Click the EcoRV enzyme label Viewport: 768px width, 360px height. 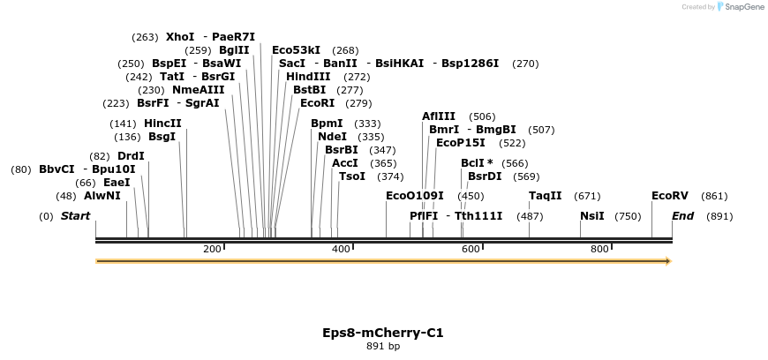tap(669, 196)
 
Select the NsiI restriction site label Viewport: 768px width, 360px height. tap(592, 216)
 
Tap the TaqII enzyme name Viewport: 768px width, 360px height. tap(545, 196)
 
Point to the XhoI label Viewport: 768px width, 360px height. tap(180, 37)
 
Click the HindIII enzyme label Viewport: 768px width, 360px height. tap(308, 77)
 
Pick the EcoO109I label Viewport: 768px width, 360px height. tap(415, 196)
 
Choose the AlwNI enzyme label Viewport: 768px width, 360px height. tap(102, 196)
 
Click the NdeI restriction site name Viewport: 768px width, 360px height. tap(332, 137)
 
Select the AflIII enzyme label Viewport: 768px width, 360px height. tap(439, 116)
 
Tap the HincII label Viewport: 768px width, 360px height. tap(162, 124)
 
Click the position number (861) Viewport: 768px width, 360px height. tap(714, 196)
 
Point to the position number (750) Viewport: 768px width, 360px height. tap(628, 216)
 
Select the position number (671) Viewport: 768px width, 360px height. tap(587, 196)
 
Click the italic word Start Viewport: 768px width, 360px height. tap(75, 216)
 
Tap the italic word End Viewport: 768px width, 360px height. tap(682, 216)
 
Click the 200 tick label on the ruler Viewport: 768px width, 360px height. tap(212, 250)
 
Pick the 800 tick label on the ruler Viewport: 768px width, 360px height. tap(599, 250)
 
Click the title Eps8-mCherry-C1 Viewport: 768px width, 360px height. tap(383, 334)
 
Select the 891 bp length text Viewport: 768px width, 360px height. tap(383, 347)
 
